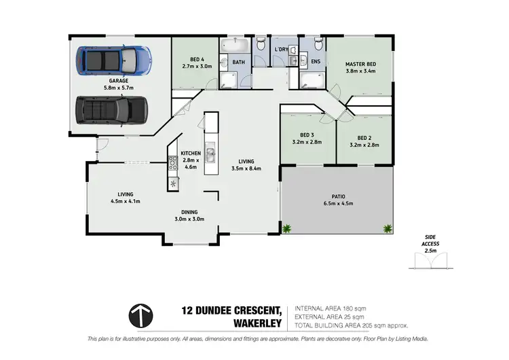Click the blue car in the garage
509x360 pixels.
tap(111, 60)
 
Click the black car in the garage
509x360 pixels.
tap(111, 109)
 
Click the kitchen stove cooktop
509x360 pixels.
tap(172, 162)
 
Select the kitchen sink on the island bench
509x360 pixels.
tap(210, 152)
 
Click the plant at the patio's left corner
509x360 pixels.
tap(288, 228)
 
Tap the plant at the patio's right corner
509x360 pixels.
tap(388, 228)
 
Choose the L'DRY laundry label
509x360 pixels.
tap(281, 50)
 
